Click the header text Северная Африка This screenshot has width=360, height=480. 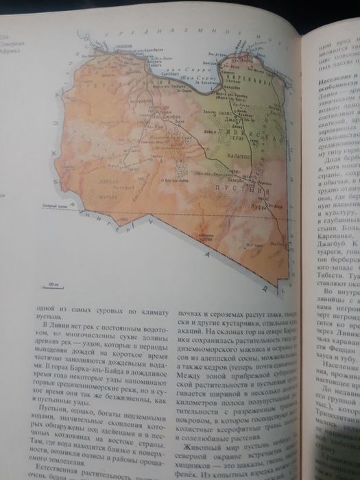click(10, 45)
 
